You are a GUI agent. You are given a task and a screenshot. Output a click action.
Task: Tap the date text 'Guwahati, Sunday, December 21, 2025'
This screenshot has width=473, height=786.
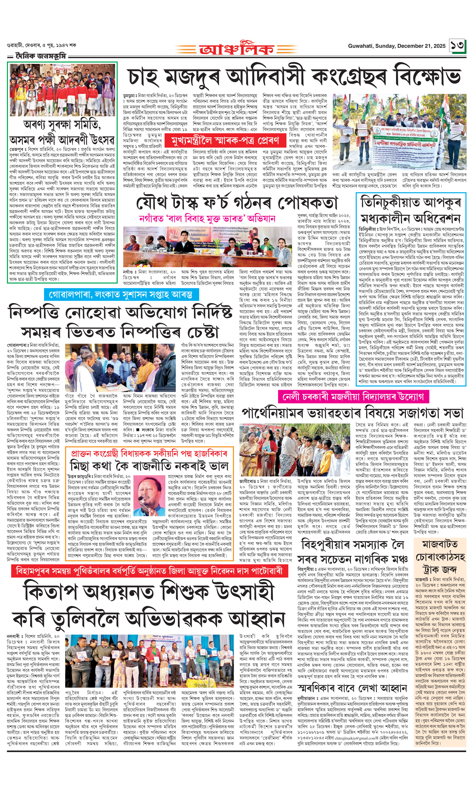pyautogui.click(x=396, y=46)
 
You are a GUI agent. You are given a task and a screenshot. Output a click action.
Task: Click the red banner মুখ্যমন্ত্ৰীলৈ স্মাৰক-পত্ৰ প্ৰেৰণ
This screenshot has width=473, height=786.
pyautogui.click(x=225, y=140)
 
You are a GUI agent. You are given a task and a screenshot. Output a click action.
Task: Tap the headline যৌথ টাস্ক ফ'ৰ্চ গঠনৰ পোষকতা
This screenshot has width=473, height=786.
pyautogui.click(x=237, y=202)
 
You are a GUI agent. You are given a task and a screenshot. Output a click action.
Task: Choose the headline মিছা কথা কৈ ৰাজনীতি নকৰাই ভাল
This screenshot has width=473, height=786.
pyautogui.click(x=149, y=466)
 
